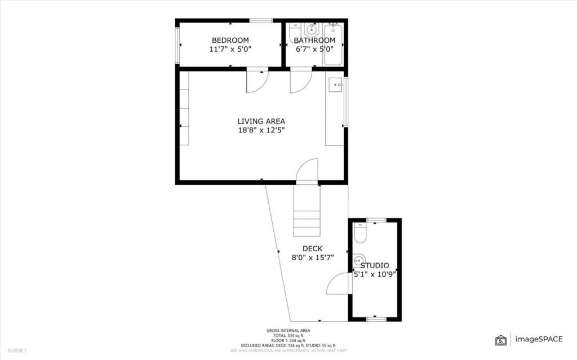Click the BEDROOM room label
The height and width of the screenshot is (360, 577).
tap(230, 40)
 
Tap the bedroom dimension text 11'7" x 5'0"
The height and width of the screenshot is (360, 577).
tap(230, 49)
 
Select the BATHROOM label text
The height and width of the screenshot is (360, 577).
tap(314, 41)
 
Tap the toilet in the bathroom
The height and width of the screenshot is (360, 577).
tap(295, 31)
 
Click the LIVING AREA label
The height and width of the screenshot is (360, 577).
tap(261, 121)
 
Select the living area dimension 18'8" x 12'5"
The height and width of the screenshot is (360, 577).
tap(261, 130)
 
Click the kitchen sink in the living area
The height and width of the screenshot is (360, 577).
tap(336, 85)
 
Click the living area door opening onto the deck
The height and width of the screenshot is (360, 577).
tap(308, 171)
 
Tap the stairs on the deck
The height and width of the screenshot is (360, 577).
tap(307, 214)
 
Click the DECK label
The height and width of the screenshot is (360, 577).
tap(312, 248)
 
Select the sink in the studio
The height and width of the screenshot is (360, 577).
tap(359, 260)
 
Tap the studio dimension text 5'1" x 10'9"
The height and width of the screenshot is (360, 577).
tap(375, 274)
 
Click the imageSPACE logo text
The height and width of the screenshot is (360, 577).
tap(538, 339)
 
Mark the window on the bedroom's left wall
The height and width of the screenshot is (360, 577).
tap(177, 45)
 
